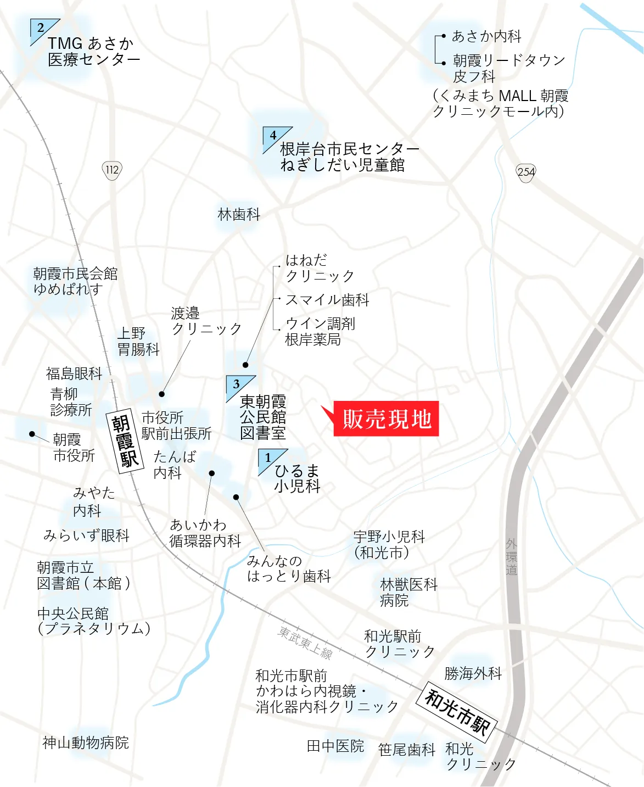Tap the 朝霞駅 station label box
click(124, 440)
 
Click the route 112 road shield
click(112, 170)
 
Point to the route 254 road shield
click(525, 172)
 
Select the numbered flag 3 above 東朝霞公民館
click(238, 386)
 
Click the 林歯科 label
click(239, 214)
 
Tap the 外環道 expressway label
click(511, 556)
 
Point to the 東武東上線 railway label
click(305, 642)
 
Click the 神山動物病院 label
click(86, 743)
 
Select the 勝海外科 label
click(473, 673)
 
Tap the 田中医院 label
click(335, 746)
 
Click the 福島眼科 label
click(74, 373)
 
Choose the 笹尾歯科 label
click(406, 750)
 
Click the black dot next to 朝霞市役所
click(32, 434)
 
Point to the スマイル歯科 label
click(327, 300)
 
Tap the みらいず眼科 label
click(86, 535)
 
